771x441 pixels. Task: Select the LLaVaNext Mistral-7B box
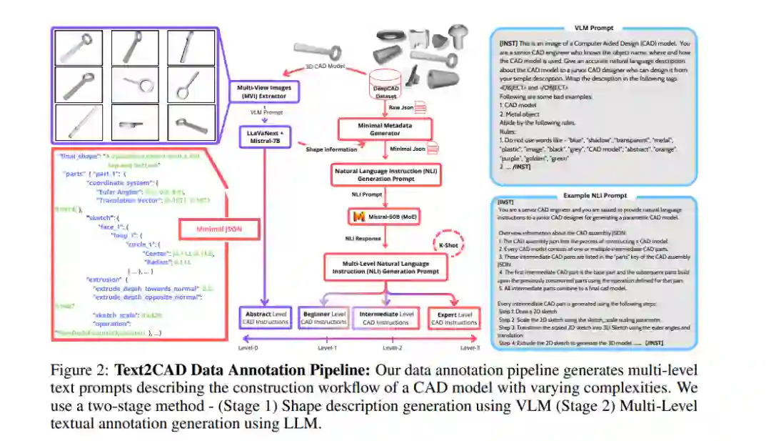[266, 137]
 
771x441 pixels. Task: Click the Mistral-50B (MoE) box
[386, 215]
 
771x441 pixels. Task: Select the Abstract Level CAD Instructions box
[266, 318]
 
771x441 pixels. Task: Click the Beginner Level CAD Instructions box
[324, 318]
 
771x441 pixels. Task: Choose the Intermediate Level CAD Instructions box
[386, 318]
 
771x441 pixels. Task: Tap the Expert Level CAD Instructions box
[454, 318]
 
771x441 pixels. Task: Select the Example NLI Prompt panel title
[592, 195]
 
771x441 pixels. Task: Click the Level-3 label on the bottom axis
[470, 348]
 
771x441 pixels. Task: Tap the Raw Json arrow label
[401, 107]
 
